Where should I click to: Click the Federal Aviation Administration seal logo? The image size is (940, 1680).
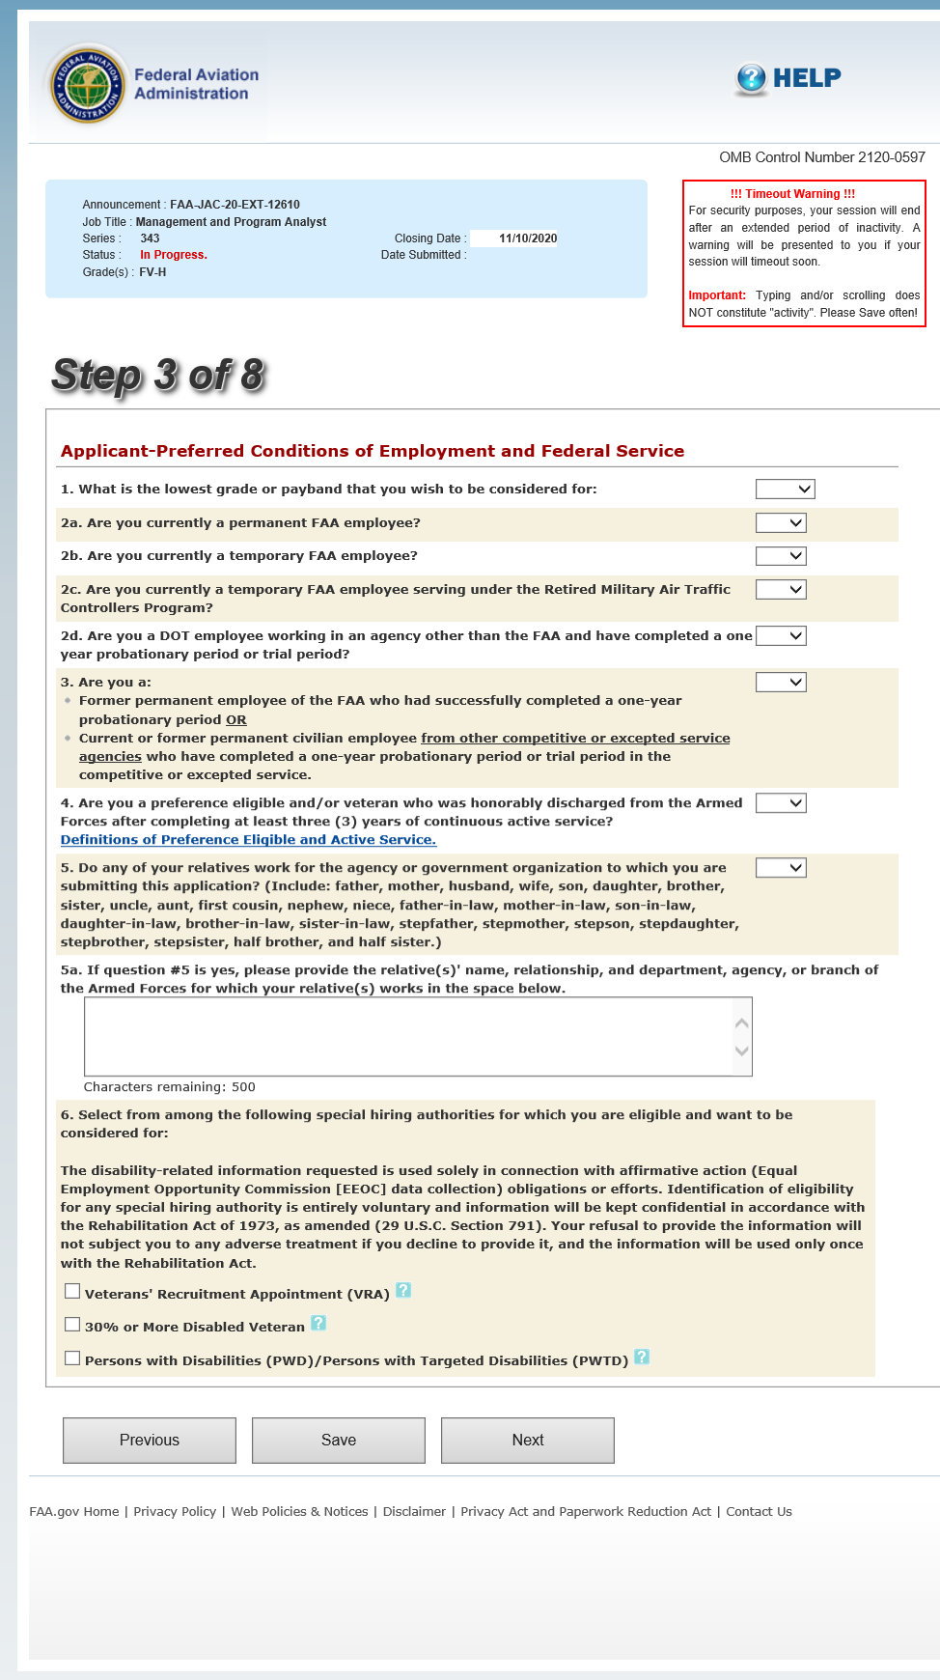coord(88,85)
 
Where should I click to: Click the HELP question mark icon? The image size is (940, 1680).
coord(750,78)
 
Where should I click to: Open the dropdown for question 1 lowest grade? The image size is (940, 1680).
coord(785,490)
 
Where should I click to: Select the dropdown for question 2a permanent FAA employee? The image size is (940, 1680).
coord(781,523)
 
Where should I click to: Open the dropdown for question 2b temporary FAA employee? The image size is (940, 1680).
coord(781,556)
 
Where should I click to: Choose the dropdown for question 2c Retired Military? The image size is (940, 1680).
coord(781,590)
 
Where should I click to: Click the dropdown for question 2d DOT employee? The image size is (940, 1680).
coord(781,636)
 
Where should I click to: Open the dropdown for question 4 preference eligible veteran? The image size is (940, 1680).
coord(781,803)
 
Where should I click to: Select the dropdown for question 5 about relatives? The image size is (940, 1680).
coord(781,868)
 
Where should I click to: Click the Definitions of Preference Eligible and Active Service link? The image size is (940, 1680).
coord(248,840)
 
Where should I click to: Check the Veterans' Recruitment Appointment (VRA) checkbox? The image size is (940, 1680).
coord(72,1292)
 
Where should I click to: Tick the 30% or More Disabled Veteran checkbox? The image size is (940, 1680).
coord(72,1325)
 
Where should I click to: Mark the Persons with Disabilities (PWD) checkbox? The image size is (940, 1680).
coord(72,1358)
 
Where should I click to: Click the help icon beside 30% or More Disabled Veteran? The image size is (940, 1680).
coord(318,1324)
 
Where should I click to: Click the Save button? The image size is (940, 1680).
coord(339,1441)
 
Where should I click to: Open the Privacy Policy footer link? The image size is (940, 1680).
coord(175,1512)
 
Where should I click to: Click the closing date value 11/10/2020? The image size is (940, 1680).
coord(528,238)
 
